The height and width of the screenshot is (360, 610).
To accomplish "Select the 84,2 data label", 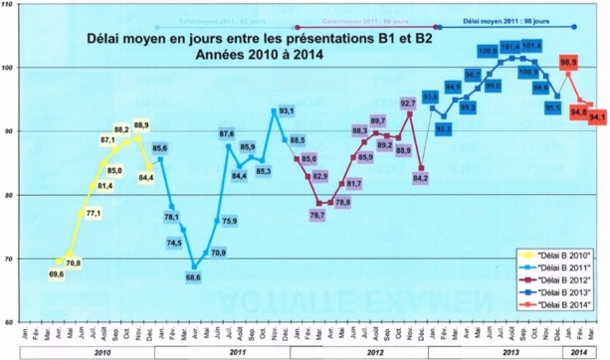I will [420, 178].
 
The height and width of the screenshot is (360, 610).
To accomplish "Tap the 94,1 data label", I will [598, 117].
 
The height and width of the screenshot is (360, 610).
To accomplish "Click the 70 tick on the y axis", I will [9, 259].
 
